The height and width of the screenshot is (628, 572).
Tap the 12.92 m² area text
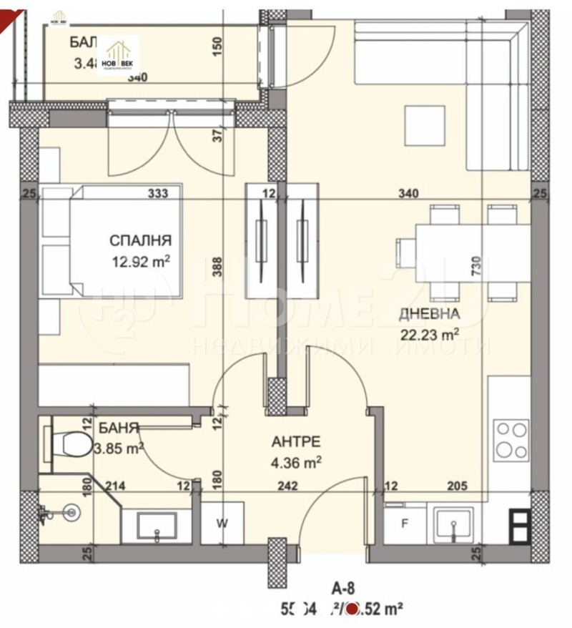[x=141, y=262]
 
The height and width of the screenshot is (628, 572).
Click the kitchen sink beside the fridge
[x=453, y=526]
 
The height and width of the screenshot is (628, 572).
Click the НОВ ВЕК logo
[x=119, y=54]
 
